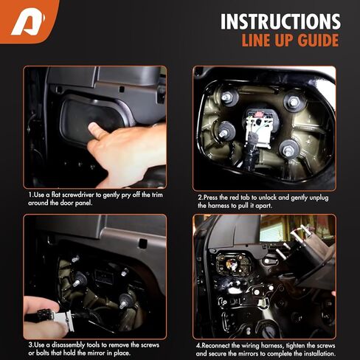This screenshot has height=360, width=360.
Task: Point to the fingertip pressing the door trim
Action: click(x=91, y=129)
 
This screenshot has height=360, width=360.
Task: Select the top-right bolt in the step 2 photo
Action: click(x=293, y=101)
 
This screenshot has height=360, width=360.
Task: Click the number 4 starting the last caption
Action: click(x=198, y=345)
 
